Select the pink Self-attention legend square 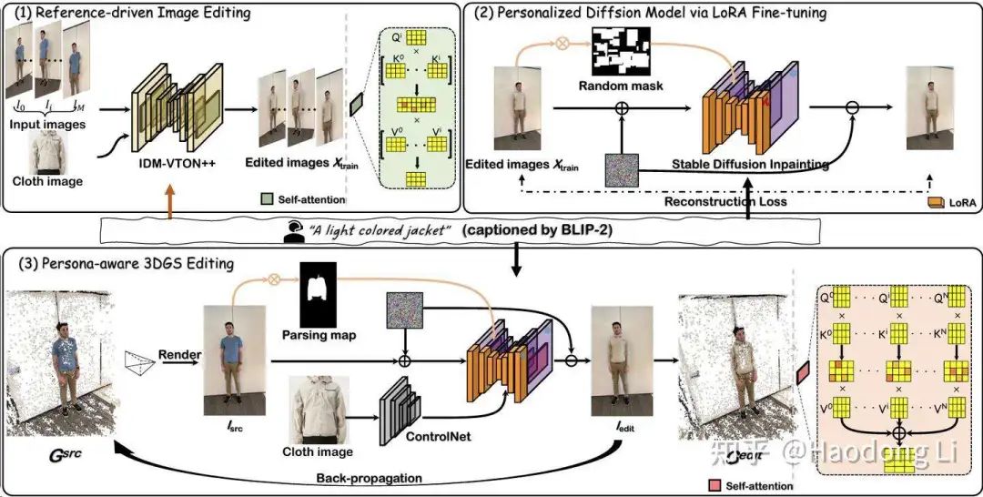click(720, 486)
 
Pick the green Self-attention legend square click(268, 198)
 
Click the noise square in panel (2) click(622, 169)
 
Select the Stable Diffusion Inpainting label click(750, 165)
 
